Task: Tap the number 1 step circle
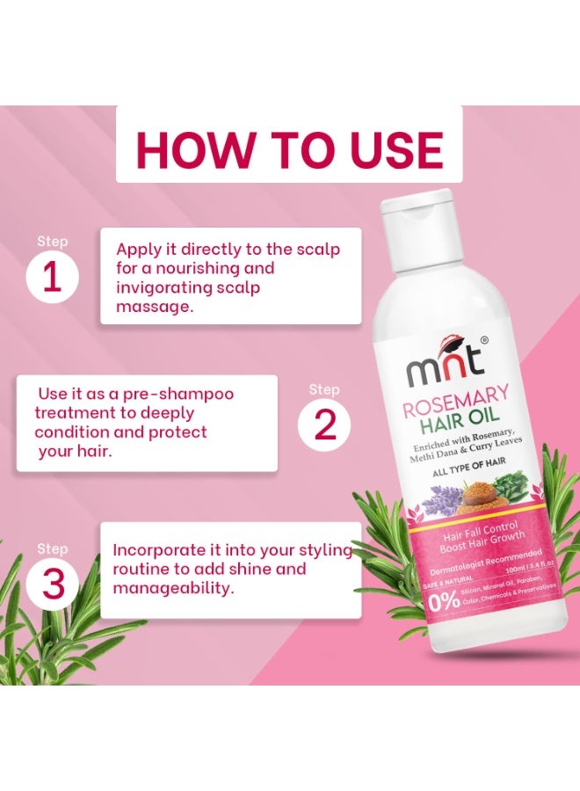point(52,278)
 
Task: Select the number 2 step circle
point(324,425)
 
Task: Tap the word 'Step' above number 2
point(324,389)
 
